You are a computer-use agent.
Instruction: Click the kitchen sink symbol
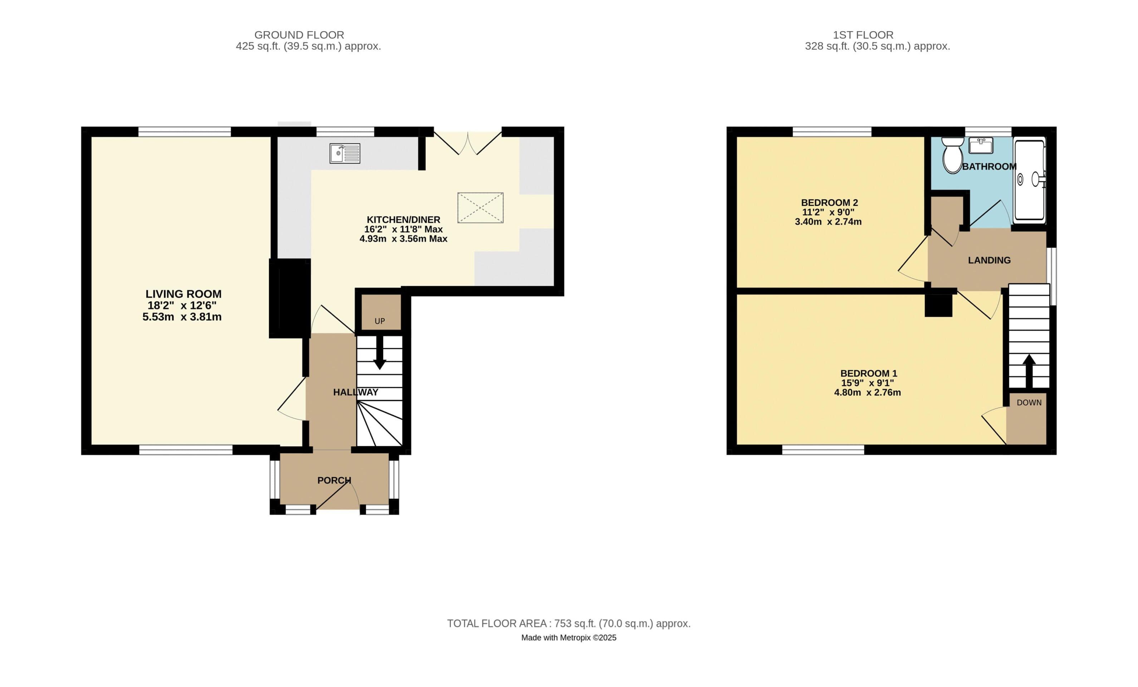[x=345, y=154]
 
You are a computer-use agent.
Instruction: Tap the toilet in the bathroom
[x=952, y=156]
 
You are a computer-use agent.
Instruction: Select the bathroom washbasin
[x=981, y=146]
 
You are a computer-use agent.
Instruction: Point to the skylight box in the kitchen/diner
[x=480, y=208]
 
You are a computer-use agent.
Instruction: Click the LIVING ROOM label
[x=184, y=294]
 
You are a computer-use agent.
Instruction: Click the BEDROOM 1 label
[x=868, y=373]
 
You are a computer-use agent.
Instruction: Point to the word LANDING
[x=989, y=260]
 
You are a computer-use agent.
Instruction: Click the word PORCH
[x=334, y=481]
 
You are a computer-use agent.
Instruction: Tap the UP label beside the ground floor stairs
[x=380, y=321]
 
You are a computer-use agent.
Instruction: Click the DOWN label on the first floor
[x=1029, y=403]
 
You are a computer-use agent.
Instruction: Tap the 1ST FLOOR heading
[x=863, y=35]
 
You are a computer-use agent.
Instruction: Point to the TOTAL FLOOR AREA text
[x=568, y=624]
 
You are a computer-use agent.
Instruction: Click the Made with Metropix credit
[x=568, y=638]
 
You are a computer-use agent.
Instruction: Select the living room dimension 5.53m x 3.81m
[x=182, y=317]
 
